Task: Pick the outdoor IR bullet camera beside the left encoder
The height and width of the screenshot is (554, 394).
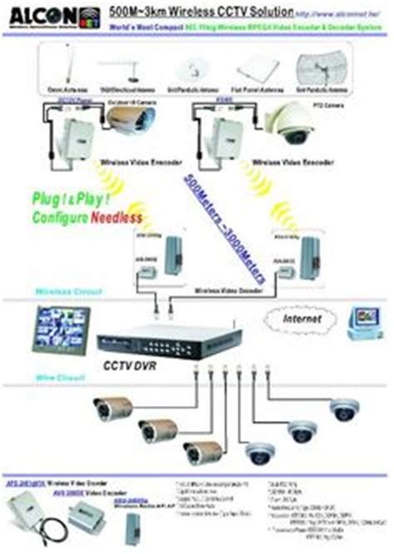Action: (x=125, y=122)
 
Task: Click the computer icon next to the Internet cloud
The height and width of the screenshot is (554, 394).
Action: (x=362, y=321)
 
